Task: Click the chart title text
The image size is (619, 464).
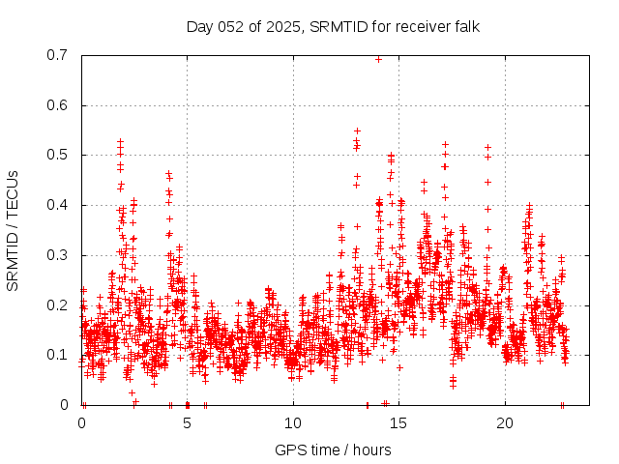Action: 333,26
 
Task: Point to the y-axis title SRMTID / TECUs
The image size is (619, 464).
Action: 14,230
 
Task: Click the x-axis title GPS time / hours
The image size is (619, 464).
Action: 333,449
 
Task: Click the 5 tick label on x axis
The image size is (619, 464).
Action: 188,423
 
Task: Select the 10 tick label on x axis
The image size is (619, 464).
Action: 293,423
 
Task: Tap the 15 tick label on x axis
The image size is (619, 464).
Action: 399,423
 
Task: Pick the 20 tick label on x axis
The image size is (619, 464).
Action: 505,423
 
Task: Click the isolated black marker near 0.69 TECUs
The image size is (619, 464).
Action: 378,59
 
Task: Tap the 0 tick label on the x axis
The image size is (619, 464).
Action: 81,423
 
